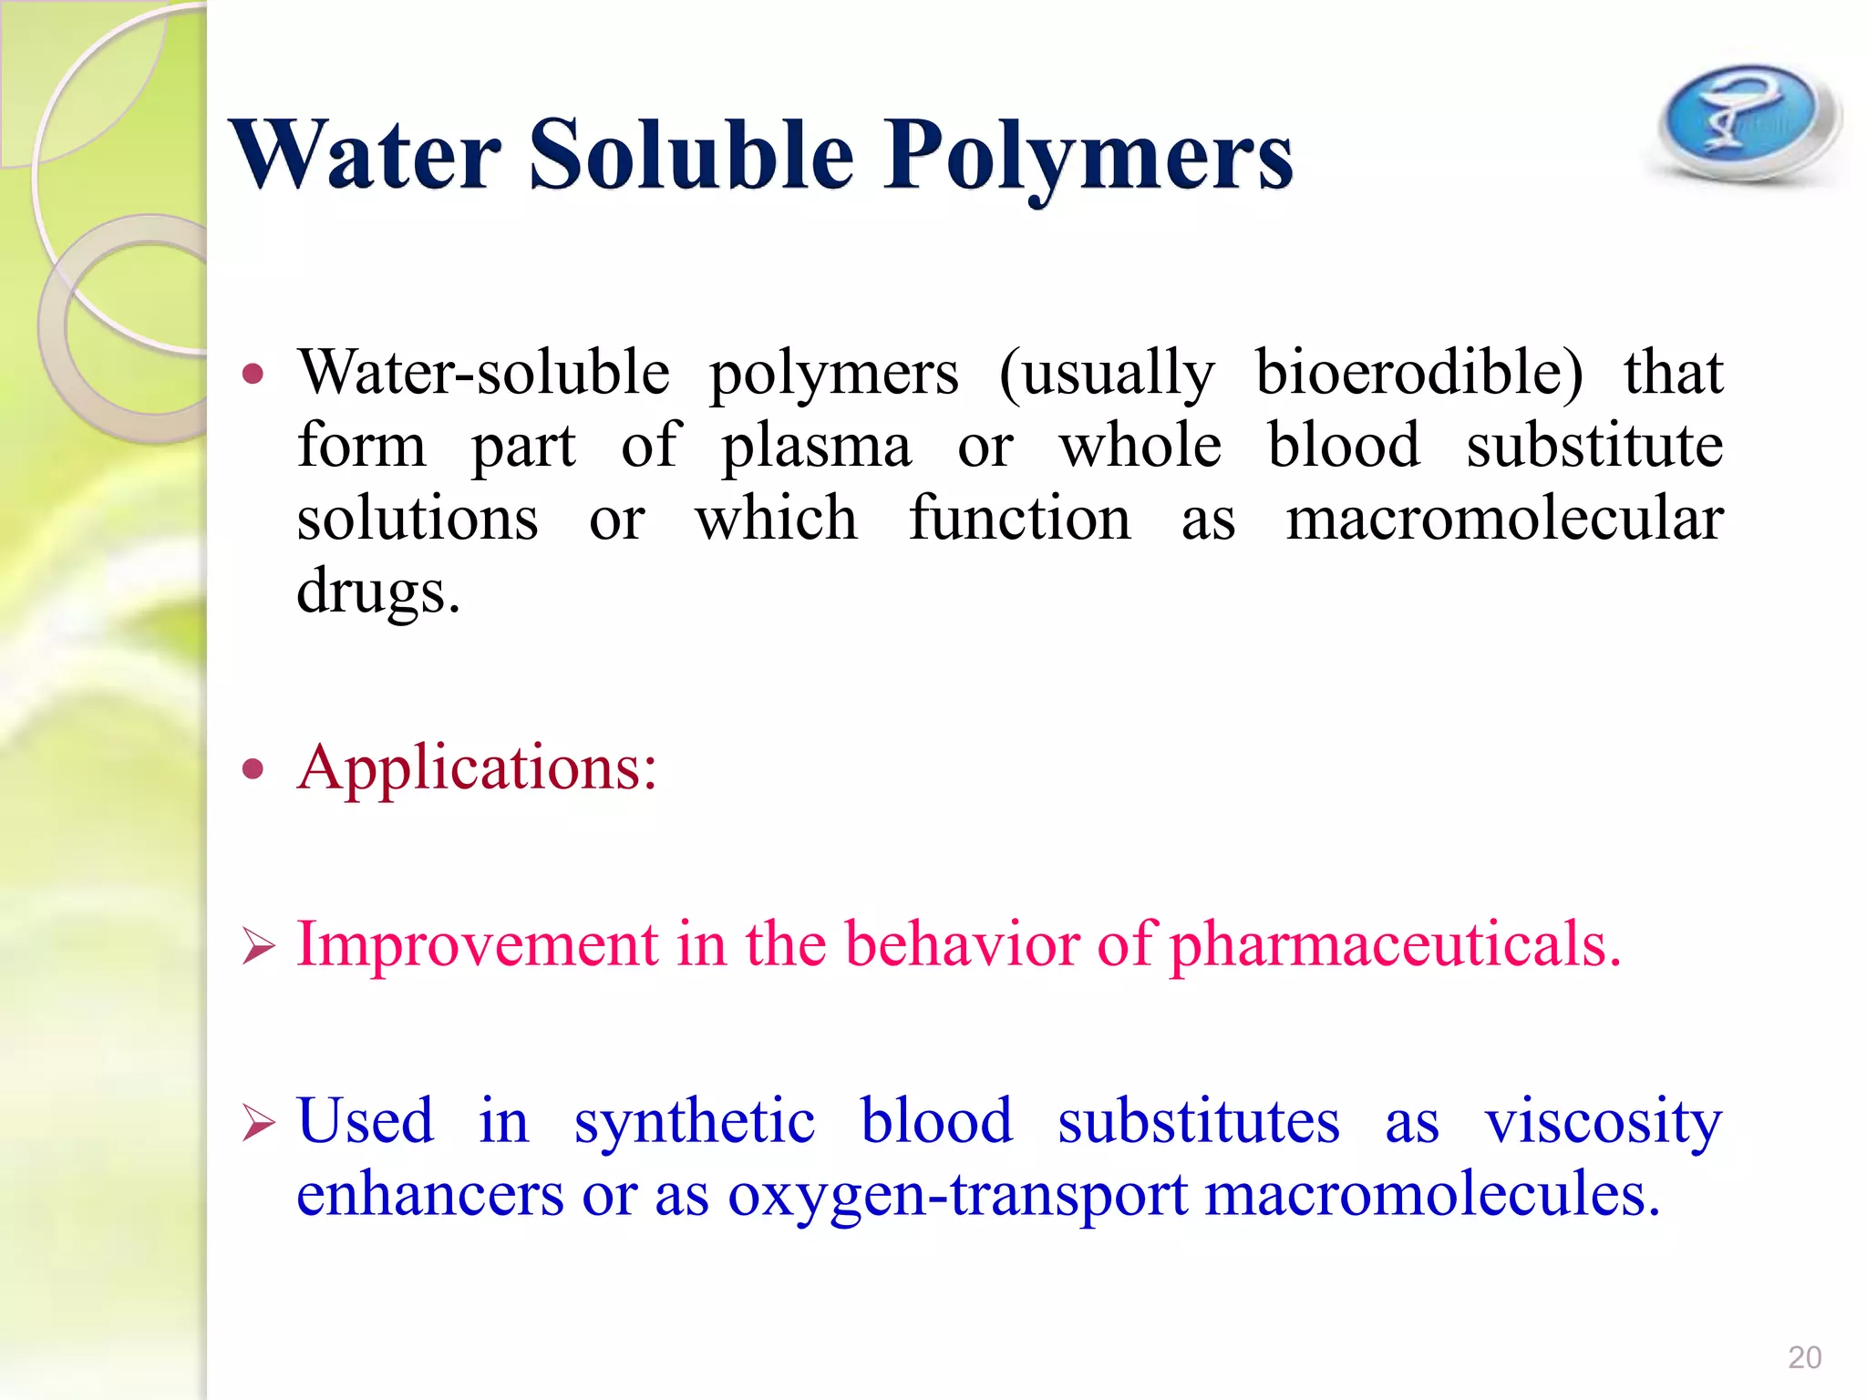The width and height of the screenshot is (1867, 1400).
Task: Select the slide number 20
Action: (x=1804, y=1357)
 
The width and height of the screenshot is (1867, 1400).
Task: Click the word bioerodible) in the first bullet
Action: (x=1419, y=374)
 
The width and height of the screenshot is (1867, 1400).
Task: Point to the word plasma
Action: (x=816, y=447)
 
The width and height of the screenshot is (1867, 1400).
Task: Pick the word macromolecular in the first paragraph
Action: (x=1504, y=520)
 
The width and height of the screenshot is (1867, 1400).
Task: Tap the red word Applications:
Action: (x=477, y=767)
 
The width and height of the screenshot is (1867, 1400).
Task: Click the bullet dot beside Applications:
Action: (x=253, y=769)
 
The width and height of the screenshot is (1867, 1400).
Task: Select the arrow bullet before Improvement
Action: (x=258, y=946)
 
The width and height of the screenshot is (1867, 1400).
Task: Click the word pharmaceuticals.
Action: (x=1396, y=944)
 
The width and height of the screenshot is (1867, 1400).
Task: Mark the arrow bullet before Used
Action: (x=258, y=1123)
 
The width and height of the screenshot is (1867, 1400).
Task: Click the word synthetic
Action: (x=694, y=1121)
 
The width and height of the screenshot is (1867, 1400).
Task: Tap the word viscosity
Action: (x=1604, y=1121)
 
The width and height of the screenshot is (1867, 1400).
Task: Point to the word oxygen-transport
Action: (x=957, y=1196)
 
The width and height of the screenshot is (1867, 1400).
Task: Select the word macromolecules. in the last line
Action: (x=1432, y=1194)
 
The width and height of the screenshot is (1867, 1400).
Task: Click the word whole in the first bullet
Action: (x=1140, y=447)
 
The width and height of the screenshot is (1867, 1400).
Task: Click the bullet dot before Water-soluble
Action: (x=253, y=374)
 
